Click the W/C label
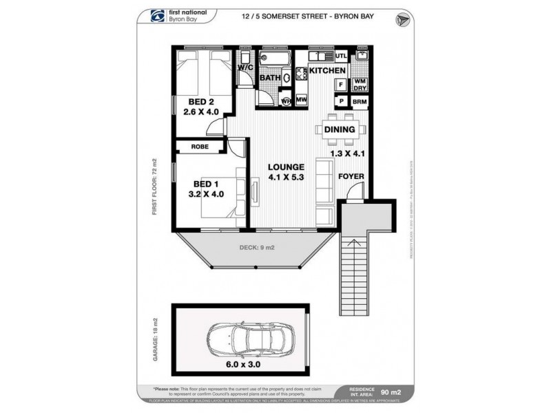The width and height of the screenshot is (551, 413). coord(246,67)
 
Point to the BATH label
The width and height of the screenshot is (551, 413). coord(269,78)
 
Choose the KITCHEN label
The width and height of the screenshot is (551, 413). coord(326,71)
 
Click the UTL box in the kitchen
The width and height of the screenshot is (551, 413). coord(341,56)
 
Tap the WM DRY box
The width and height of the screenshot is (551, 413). coord(360,85)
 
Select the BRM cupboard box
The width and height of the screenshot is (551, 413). coord(360,101)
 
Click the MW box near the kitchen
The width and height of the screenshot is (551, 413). coord(301,100)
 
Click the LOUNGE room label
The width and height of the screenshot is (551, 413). coord(287,167)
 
